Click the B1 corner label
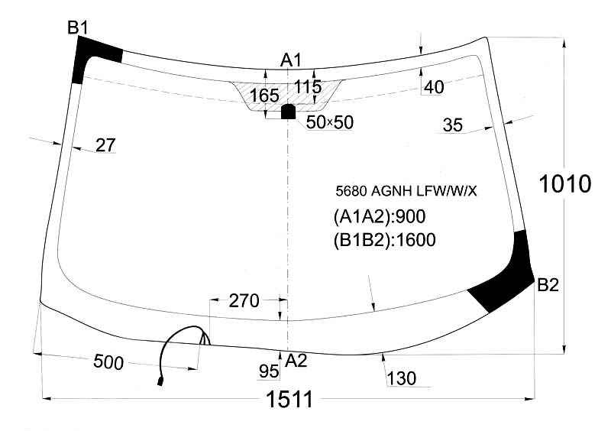pyautogui.click(x=78, y=28)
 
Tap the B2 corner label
pyautogui.click(x=548, y=285)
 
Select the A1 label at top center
pyautogui.click(x=291, y=60)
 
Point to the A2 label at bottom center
pyautogui.click(x=296, y=361)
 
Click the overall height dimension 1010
pyautogui.click(x=565, y=183)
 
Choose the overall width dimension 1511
pyautogui.click(x=289, y=400)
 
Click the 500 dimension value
pyautogui.click(x=108, y=362)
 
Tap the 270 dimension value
pyautogui.click(x=244, y=301)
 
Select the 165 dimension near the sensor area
pyautogui.click(x=264, y=96)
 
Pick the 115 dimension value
pyautogui.click(x=308, y=86)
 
